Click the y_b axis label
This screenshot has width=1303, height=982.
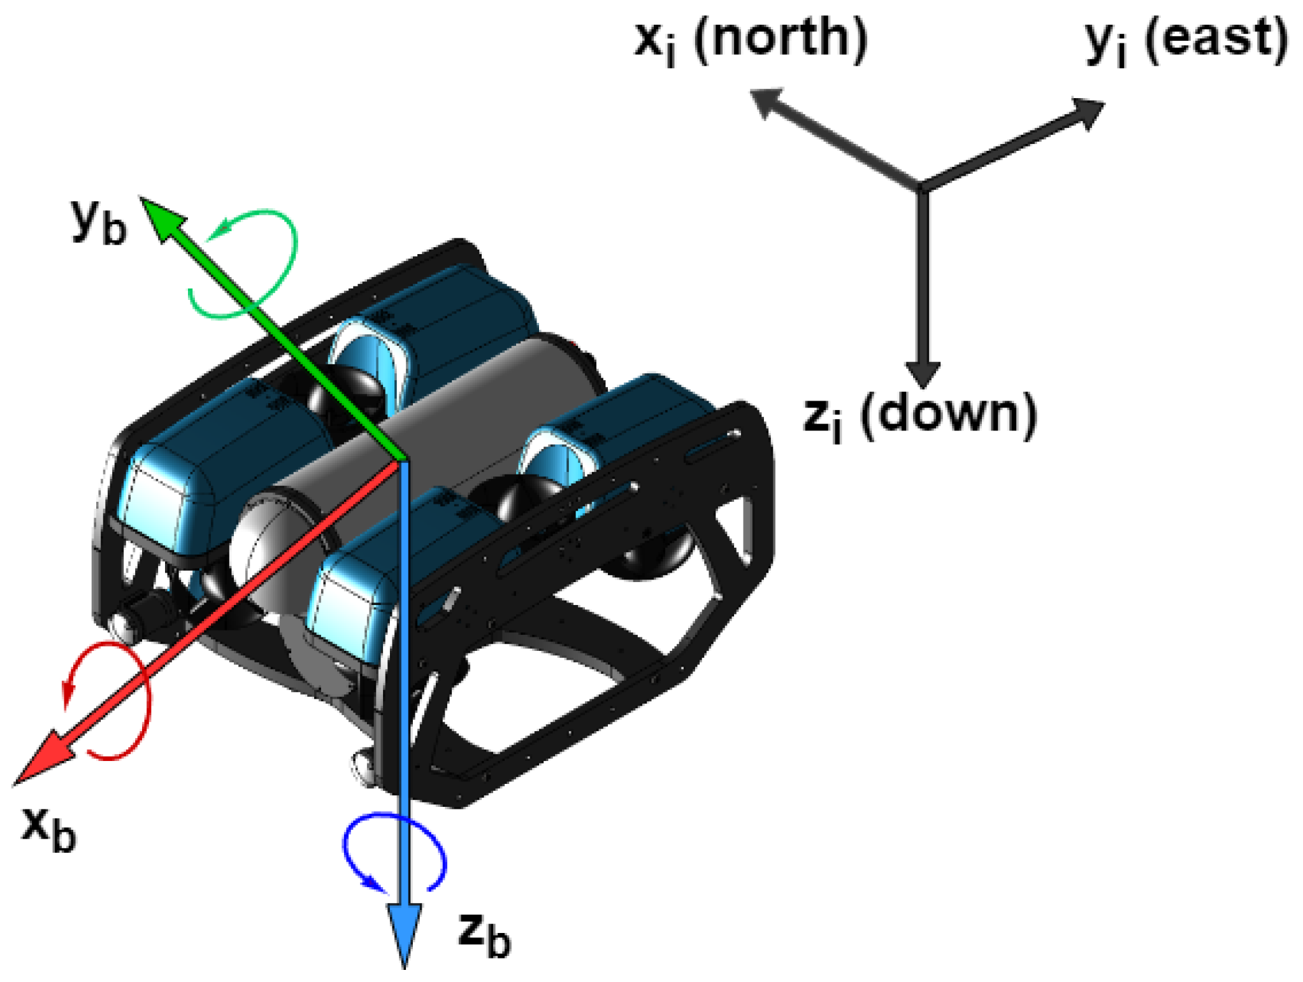coord(99,222)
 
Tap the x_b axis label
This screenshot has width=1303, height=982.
coord(49,828)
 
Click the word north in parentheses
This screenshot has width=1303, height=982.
coord(781,38)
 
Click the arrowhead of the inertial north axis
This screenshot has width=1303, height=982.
coord(768,102)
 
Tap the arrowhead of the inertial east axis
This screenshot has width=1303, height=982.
coord(1086,111)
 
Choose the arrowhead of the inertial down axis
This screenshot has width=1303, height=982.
coord(922,373)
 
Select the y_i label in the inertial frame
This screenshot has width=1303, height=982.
coord(1105,41)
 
